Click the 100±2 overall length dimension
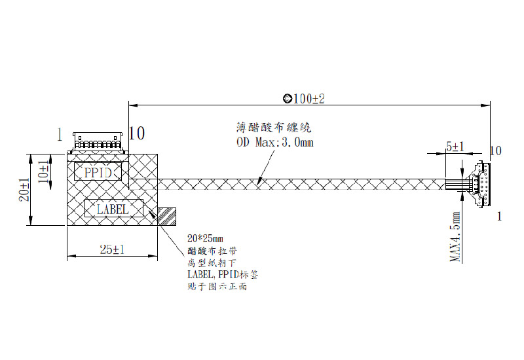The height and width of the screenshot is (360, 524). click(309, 99)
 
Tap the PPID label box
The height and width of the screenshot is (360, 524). click(98, 172)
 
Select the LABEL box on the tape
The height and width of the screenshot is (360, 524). click(113, 209)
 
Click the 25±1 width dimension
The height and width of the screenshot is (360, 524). click(113, 250)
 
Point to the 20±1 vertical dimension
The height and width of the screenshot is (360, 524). click(24, 190)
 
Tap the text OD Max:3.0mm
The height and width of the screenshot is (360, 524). click(274, 142)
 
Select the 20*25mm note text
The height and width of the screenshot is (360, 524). click(205, 238)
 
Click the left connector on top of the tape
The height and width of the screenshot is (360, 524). click(98, 142)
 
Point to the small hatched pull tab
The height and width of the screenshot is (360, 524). click(166, 216)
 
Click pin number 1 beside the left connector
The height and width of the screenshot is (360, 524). click(60, 134)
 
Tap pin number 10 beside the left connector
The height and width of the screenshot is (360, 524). click(137, 134)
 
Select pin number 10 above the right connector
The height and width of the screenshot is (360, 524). click(495, 151)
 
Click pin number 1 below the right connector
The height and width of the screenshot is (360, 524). click(500, 216)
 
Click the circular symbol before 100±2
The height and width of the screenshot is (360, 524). click(287, 99)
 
